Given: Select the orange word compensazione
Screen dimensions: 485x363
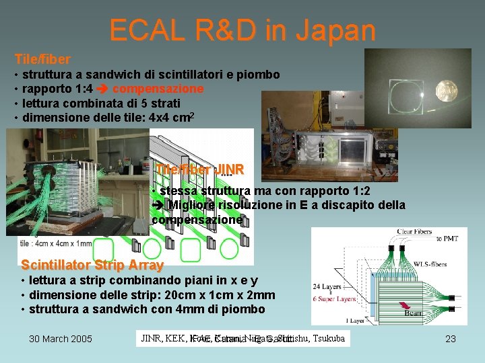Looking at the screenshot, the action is [158, 89].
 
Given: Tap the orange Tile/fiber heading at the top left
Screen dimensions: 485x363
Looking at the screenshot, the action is [42, 59].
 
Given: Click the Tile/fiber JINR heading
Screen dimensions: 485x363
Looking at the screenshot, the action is [199, 169].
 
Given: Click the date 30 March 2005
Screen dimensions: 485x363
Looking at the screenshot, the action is [61, 339].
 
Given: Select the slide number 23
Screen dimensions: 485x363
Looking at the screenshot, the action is [451, 339].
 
